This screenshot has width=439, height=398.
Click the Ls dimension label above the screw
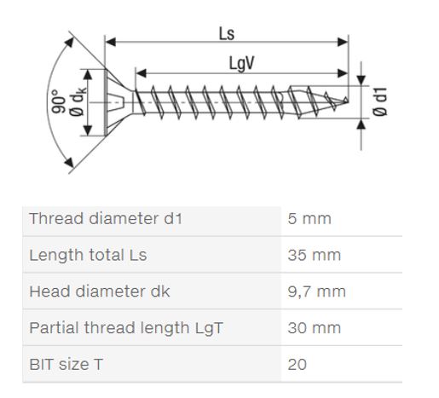pos(227,34)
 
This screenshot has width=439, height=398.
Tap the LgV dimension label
pos(241,64)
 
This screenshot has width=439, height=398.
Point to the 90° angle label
pos(59,101)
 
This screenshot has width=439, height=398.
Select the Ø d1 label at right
pos(379,101)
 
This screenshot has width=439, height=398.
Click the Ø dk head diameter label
pos(77,101)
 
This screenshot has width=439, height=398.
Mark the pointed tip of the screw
pos(347,100)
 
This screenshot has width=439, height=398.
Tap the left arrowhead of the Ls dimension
pos(111,42)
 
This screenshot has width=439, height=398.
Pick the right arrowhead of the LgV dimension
pos(343,73)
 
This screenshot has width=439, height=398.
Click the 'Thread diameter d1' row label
pos(106,219)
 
